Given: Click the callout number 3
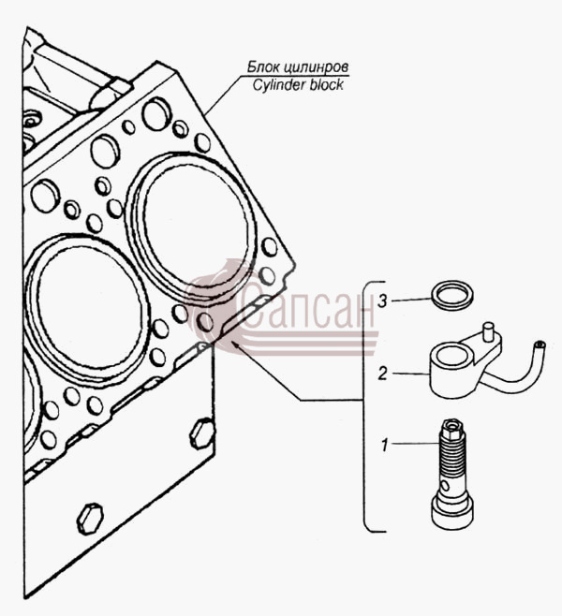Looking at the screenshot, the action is click(x=382, y=301).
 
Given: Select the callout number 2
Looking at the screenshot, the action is click(x=382, y=374).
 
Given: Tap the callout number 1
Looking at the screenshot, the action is click(x=385, y=445).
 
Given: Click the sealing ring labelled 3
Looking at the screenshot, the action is click(x=452, y=294).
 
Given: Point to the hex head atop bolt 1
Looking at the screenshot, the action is click(x=452, y=427).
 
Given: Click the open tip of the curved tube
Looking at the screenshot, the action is click(x=540, y=345).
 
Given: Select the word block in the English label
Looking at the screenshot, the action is click(x=326, y=84).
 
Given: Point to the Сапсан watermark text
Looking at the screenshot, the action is click(x=306, y=311).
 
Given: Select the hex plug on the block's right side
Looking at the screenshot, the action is click(x=203, y=433).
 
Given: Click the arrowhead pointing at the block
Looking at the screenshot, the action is click(x=235, y=345).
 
